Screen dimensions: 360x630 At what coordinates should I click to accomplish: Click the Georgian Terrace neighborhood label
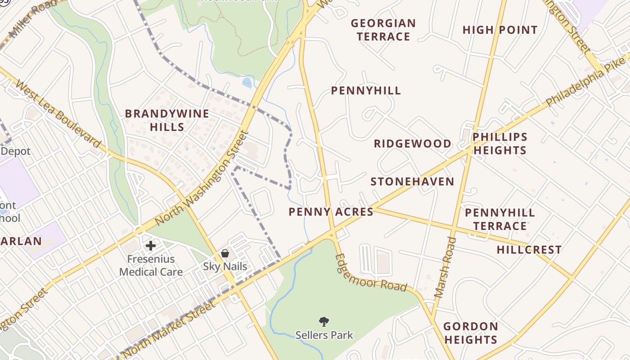pyautogui.click(x=383, y=30)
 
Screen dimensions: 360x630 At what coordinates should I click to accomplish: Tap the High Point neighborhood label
pyautogui.click(x=500, y=30)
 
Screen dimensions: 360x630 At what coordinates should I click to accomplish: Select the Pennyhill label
pyautogui.click(x=366, y=91)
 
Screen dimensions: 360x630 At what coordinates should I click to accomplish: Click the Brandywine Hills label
pyautogui.click(x=167, y=120)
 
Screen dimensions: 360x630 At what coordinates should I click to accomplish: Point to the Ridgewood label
pyautogui.click(x=413, y=144)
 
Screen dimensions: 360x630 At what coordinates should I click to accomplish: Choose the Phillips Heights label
pyautogui.click(x=500, y=144)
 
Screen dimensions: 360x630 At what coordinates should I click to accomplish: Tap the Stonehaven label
pyautogui.click(x=412, y=182)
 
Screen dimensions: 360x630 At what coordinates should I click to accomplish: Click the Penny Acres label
pyautogui.click(x=331, y=212)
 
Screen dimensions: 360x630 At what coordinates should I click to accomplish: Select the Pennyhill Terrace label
pyautogui.click(x=499, y=219)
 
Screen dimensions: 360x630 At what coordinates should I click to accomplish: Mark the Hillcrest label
pyautogui.click(x=529, y=250)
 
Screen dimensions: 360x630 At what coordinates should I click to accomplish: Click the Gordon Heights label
pyautogui.click(x=471, y=333)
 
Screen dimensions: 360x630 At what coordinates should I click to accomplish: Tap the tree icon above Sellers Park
pyautogui.click(x=324, y=321)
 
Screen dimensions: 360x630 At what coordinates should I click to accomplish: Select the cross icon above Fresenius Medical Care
pyautogui.click(x=151, y=246)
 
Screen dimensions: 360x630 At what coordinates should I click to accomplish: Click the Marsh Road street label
pyautogui.click(x=445, y=267)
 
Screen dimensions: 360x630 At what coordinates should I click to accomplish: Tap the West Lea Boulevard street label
pyautogui.click(x=59, y=114)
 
